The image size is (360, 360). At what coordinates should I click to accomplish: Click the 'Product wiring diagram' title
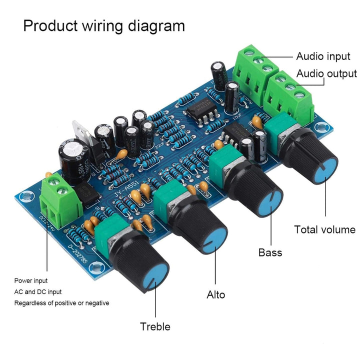[x=104, y=25]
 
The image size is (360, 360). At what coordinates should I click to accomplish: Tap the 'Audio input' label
[x=323, y=56]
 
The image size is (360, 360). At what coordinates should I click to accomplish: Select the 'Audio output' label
[x=327, y=74]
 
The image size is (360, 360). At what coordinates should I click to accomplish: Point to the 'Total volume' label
[x=324, y=230]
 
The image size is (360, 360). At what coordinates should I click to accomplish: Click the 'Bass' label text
[x=270, y=252]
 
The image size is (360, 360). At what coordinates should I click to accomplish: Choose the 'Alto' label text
[x=216, y=294]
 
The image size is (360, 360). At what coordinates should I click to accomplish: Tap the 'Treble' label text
[x=155, y=326]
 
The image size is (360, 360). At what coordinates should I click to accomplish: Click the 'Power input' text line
[x=31, y=281]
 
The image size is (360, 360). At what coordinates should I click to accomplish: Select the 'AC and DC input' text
[x=38, y=292]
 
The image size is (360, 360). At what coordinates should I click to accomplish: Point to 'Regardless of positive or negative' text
[x=61, y=303]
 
